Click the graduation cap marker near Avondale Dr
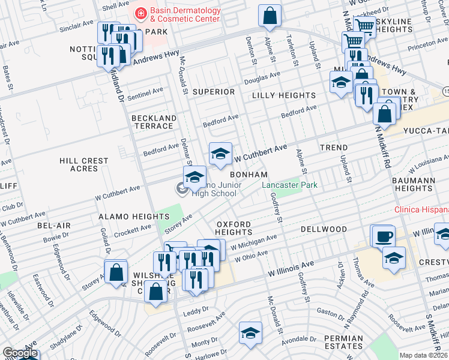pyautogui.click(x=250, y=334)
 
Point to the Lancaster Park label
pyautogui.click(x=289, y=185)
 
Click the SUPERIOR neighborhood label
pyautogui.click(x=213, y=92)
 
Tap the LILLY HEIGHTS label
pyautogui.click(x=283, y=95)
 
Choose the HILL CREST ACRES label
pyautogui.click(x=84, y=165)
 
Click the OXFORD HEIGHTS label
pyautogui.click(x=234, y=228)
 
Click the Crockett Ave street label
pyautogui.click(x=133, y=230)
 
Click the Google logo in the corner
pyautogui.click(x=19, y=353)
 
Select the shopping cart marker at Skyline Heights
pyautogui.click(x=364, y=26)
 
